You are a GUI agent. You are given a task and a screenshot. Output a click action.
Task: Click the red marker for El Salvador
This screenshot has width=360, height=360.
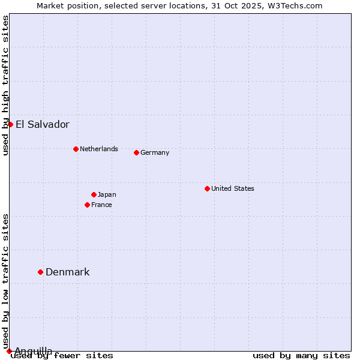pos(10,124)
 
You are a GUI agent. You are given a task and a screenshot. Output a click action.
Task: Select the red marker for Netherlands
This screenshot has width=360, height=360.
pos(76,149)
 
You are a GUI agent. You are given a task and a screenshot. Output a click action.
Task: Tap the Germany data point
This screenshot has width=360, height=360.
pos(136,152)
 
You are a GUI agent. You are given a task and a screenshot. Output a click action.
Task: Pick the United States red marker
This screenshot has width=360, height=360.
pos(207,188)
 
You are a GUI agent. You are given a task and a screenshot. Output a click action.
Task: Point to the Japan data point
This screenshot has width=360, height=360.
pos(94,194)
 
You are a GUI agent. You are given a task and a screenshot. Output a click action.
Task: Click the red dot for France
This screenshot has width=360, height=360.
pos(87,205)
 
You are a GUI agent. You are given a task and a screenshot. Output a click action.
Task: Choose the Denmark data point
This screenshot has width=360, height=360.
pos(40,272)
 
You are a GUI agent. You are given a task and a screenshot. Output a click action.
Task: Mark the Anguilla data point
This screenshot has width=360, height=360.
pos(9,351)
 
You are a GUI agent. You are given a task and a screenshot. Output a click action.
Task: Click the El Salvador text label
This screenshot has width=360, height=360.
pos(42,125)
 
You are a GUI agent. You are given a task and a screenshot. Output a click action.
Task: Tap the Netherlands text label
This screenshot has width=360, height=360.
pos(98,149)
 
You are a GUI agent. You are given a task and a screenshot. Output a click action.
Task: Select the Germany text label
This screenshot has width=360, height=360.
pos(155,152)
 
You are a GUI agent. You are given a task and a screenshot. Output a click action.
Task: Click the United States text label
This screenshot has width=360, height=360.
pos(232,188)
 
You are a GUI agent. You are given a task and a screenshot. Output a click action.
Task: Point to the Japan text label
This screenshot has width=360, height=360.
pos(107,194)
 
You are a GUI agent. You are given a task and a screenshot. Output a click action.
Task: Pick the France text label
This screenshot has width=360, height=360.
pos(101,205)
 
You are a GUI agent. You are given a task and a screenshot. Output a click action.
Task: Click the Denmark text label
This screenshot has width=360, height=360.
pos(67,272)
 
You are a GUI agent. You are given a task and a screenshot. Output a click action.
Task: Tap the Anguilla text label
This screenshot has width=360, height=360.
pos(33,351)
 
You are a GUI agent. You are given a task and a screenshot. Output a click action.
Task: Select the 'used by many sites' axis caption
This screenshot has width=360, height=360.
pos(301,355)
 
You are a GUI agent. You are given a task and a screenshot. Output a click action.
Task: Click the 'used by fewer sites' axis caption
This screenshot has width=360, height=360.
pos(62,355)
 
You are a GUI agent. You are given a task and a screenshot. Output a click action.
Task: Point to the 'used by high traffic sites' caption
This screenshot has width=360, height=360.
pos(5,85)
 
